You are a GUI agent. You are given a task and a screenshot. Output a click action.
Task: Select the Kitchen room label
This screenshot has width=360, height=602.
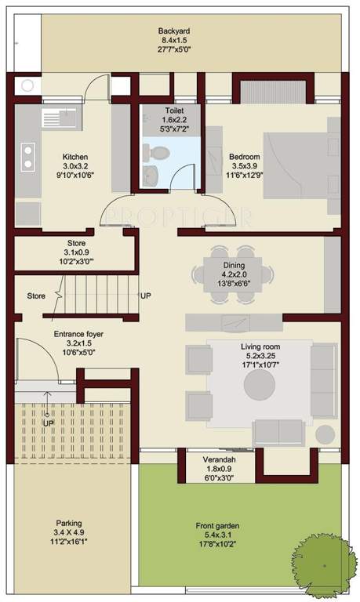(75, 157)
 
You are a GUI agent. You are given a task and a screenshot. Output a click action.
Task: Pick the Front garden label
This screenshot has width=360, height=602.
(218, 526)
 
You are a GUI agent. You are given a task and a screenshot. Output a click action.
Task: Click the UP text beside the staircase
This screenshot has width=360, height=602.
(145, 296)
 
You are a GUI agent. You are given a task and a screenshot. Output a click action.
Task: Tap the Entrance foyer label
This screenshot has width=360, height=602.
(78, 334)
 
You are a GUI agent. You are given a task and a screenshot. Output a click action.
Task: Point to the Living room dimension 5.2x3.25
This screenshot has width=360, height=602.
(260, 356)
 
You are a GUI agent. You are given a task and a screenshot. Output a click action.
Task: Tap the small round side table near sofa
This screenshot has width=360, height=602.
(324, 433)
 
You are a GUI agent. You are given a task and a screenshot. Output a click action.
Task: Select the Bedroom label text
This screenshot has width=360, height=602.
(244, 157)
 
